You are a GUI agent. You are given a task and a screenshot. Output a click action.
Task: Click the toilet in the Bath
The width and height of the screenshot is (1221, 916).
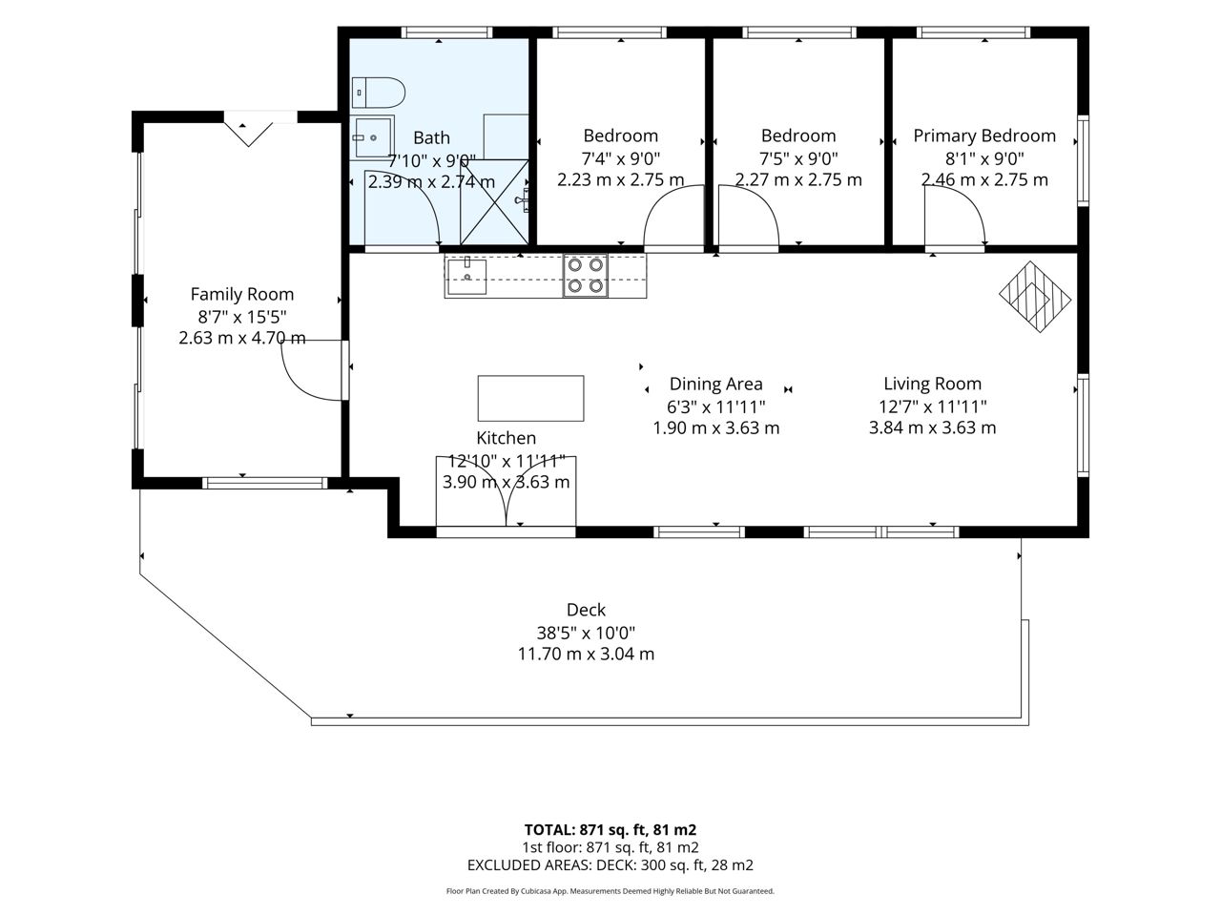(379, 93)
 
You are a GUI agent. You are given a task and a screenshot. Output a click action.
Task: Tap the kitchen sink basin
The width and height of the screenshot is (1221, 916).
(467, 277)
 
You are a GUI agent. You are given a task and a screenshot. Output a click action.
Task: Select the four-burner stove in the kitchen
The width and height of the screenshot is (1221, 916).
(585, 276)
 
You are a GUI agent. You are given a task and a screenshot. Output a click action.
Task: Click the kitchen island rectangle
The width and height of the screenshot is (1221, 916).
(530, 398)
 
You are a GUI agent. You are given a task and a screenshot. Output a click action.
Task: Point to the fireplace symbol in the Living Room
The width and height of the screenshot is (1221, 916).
(1035, 297)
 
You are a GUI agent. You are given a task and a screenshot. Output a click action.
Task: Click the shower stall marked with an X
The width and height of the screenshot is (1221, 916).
(494, 202)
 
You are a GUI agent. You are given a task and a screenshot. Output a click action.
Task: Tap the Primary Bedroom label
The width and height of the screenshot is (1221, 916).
(984, 135)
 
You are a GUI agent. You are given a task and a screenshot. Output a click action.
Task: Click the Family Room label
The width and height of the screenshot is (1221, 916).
(242, 294)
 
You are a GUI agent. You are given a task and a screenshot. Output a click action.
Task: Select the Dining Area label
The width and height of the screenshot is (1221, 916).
(716, 384)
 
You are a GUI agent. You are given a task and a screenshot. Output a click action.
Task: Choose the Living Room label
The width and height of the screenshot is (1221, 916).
(932, 384)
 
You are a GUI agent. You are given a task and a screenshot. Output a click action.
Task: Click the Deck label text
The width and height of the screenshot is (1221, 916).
(586, 610)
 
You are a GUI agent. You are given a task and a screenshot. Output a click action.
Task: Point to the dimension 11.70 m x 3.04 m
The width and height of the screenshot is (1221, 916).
(586, 654)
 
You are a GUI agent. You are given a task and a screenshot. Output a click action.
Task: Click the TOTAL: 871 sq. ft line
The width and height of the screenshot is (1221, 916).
(610, 830)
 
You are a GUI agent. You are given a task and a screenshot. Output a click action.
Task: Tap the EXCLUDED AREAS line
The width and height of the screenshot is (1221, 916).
(610, 864)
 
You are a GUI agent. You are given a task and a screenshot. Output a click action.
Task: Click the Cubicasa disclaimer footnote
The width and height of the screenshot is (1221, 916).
(610, 891)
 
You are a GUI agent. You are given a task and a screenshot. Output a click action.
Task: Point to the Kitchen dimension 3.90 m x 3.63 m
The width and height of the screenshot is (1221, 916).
(506, 482)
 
